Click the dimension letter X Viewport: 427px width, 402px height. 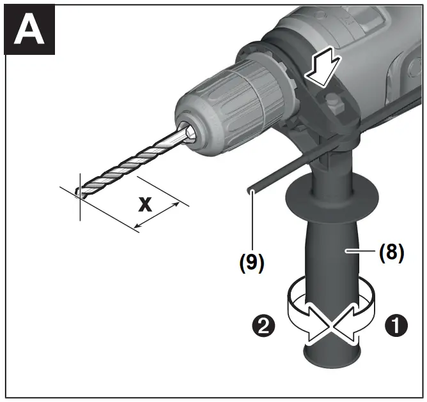(146, 205)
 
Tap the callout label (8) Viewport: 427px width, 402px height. (391, 252)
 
